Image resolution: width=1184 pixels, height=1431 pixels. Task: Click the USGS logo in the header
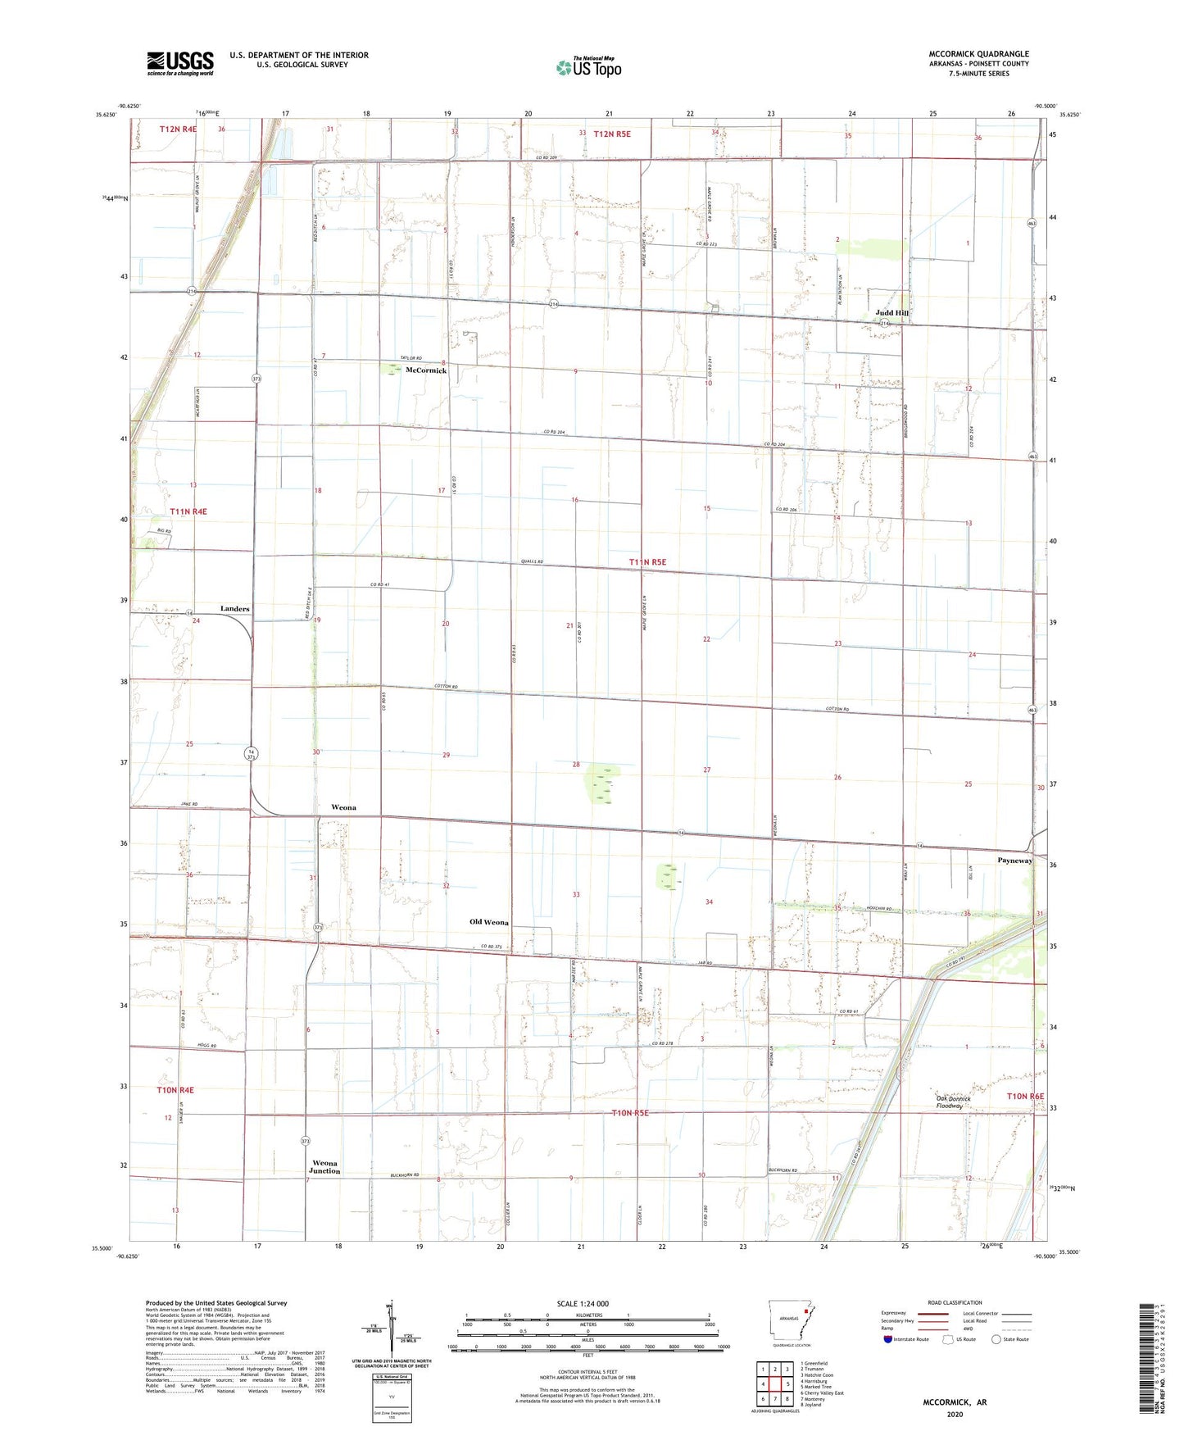click(x=180, y=63)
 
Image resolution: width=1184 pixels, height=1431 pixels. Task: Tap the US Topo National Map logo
click(x=588, y=67)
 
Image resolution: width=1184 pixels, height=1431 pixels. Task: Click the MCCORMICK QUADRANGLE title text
click(x=974, y=54)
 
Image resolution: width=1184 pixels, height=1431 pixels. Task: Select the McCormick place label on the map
click(x=426, y=370)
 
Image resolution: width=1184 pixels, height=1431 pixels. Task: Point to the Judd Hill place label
click(x=891, y=313)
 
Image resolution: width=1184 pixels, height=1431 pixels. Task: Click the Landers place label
click(x=234, y=609)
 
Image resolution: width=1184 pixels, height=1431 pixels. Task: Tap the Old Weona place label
click(x=488, y=922)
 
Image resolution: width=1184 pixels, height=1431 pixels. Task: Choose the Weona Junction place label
click(x=325, y=1167)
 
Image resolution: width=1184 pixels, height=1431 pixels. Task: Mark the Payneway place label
click(x=1014, y=861)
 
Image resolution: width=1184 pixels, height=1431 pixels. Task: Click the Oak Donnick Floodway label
click(x=954, y=1102)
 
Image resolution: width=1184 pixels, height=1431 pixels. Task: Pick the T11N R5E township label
click(x=647, y=562)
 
